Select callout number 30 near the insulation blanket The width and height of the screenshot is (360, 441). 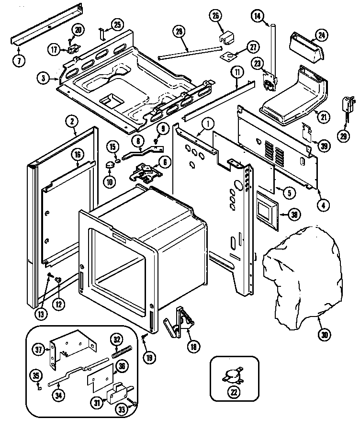pos(325,335)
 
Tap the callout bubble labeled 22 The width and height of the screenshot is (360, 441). pos(235,393)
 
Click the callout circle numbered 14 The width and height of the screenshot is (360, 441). pos(258,17)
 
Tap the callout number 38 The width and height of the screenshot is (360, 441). pos(294,215)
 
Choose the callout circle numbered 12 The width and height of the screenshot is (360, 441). pos(59,303)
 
